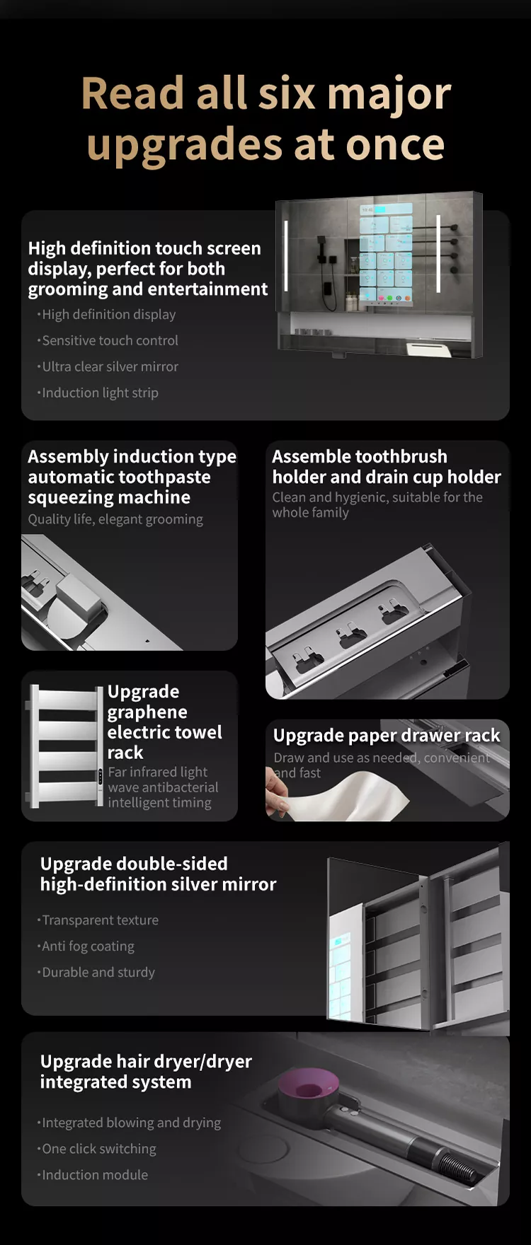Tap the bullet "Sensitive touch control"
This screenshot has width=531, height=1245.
[108, 340]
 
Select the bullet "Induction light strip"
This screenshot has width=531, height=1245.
[98, 393]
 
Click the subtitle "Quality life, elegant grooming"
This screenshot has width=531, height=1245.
[115, 519]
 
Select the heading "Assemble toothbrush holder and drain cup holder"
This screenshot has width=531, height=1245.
[387, 467]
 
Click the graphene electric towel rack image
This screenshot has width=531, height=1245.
[64, 746]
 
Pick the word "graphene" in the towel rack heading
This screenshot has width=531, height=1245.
[147, 712]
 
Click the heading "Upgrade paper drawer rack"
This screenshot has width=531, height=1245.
[387, 736]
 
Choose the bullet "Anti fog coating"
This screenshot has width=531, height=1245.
[86, 946]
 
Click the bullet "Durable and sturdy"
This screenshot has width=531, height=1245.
[96, 973]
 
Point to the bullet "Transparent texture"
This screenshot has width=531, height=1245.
[98, 920]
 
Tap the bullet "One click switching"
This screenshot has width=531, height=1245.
[97, 1149]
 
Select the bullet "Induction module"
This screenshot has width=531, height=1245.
[93, 1175]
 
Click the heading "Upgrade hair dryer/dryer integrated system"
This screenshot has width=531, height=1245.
[146, 1072]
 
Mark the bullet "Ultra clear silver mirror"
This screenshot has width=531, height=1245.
[108, 366]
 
